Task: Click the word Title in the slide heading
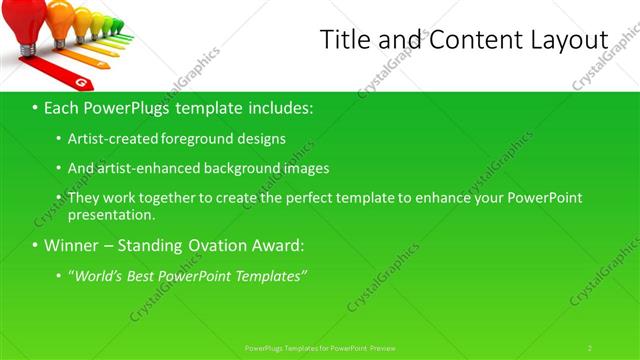(x=344, y=39)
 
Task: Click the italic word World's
(x=97, y=275)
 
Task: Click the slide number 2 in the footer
(x=590, y=347)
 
